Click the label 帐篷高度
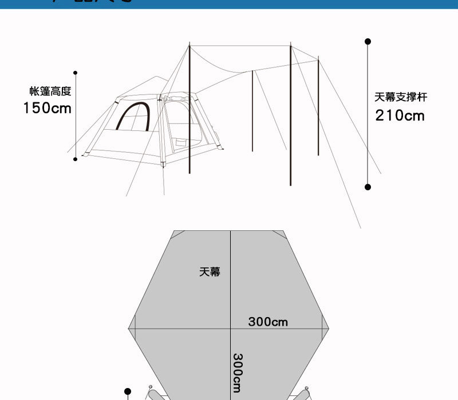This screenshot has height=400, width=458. pos(50,91)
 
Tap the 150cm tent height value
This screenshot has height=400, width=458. pos(48,108)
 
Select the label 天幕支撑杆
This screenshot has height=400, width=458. pos(401,98)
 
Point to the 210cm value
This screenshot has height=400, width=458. pos(400,116)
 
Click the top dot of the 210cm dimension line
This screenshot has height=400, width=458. pos(368,42)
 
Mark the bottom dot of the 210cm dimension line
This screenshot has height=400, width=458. pos(368,187)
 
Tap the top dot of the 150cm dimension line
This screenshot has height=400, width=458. pos(75,73)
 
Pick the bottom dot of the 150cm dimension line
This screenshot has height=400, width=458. pos(75,159)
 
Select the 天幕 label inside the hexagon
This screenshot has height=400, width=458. pos(210,272)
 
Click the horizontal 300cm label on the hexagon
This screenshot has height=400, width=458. pos(268,322)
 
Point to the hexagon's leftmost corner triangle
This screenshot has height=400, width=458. pos(132,329)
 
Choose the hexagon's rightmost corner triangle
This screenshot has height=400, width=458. pos(326,329)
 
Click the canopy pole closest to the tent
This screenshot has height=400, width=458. pos(189,109)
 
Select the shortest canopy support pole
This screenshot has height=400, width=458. pos(252,111)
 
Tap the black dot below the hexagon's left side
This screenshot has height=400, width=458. pos(128,391)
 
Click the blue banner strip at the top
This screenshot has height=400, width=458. pos(229,4)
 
